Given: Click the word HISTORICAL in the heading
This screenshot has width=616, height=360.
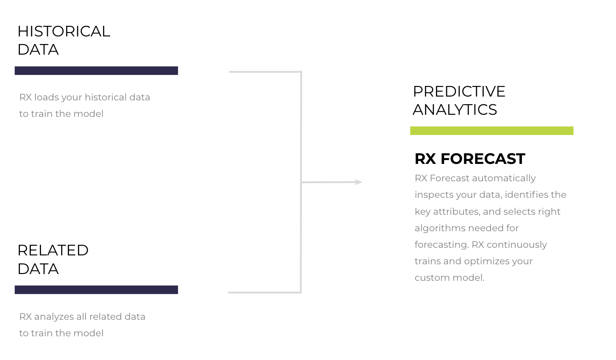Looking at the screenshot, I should coord(64,31).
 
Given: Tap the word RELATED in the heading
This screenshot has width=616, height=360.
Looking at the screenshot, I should coord(53,250).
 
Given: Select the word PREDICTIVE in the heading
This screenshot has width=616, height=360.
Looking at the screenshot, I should coord(459,91).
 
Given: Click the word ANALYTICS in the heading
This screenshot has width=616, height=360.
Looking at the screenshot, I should coord(455,110).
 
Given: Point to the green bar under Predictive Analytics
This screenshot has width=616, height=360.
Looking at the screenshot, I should coord(491,131).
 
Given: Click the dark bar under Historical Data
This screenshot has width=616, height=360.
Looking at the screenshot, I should coord(96,71).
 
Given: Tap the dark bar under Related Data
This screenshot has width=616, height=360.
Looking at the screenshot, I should coord(96,290).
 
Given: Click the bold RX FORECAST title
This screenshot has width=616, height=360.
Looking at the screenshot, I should coord(470,159).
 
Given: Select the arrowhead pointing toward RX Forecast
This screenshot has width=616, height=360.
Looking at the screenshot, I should coord(358,182).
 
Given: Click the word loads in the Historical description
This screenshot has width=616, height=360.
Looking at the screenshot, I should coord(47,97).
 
